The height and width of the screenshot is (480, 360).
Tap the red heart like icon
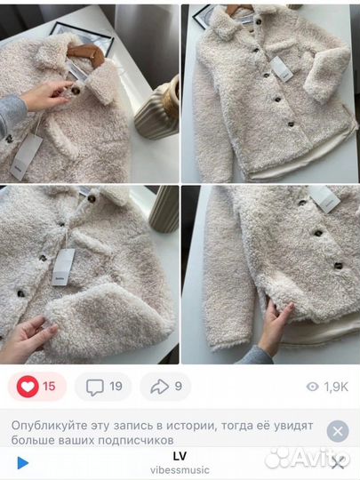point(28,387)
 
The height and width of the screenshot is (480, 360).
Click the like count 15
point(49,387)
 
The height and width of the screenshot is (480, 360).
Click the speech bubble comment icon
point(95,387)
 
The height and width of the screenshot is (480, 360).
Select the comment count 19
point(116,387)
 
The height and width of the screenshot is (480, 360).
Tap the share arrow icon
point(160,387)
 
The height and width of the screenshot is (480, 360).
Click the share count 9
point(179,387)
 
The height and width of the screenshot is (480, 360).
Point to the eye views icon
point(312,387)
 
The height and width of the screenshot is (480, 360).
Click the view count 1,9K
point(335,387)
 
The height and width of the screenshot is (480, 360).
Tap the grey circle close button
point(337,431)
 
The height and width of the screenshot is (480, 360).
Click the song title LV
point(180,454)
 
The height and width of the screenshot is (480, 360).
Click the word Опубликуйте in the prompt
point(48,424)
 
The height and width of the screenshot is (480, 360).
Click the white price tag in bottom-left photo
point(64,264)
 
